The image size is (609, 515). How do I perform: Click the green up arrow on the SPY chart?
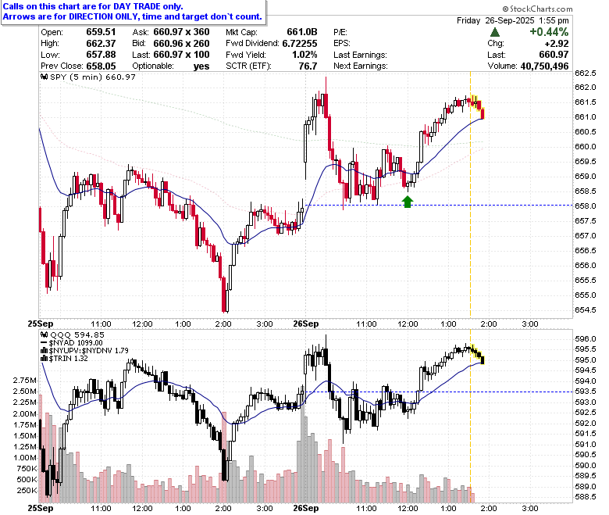407,202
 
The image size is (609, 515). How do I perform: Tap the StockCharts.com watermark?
537,9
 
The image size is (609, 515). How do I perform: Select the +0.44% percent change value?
549,32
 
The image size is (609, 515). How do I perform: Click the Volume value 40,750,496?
544,66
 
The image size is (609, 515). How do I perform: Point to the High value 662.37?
101,44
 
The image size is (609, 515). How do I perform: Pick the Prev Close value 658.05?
101,66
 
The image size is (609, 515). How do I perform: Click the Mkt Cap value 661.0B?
302,32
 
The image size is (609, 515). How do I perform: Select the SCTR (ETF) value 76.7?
308,66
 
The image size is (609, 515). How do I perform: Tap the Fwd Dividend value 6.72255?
300,44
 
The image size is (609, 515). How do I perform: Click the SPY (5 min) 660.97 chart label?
88,77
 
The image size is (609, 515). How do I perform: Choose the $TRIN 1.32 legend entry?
65,359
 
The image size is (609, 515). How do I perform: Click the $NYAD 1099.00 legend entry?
72,343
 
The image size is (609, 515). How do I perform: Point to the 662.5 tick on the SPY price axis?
586,73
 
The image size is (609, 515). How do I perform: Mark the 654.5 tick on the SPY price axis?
586,310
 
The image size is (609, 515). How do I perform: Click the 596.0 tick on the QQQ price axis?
586,339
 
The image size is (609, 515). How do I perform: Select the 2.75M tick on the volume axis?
25,381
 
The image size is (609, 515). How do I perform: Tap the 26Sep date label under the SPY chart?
305,324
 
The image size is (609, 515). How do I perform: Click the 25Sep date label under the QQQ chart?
41,509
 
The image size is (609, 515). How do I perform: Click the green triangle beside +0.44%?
495,32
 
